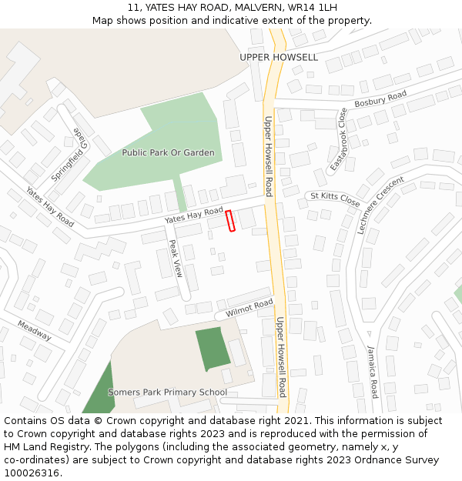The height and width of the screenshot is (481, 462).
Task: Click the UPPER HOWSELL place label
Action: tap(278, 58)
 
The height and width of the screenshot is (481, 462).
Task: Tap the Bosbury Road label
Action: tap(380, 99)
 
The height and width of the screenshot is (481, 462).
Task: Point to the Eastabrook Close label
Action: tap(339, 139)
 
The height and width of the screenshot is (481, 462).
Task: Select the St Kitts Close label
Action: tap(335, 199)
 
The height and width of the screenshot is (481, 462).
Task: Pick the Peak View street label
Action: tap(176, 259)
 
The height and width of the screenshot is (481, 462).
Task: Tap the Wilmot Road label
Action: tap(249, 308)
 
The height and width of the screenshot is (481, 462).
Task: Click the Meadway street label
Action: tap(35, 331)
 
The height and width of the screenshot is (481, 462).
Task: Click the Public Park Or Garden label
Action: tap(168, 152)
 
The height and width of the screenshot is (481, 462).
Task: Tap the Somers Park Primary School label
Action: tap(167, 392)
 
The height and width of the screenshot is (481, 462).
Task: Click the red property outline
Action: tap(230, 221)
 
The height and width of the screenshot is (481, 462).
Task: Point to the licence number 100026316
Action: tap(32, 473)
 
